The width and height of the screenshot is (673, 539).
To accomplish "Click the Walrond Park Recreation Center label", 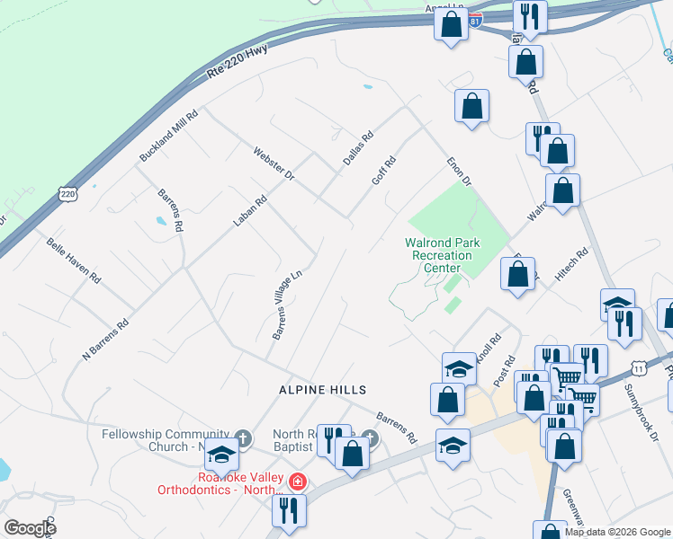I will (x=442, y=255).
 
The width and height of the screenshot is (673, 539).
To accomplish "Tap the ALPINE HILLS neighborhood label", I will (x=321, y=389).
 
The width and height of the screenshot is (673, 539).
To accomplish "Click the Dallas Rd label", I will (x=357, y=149).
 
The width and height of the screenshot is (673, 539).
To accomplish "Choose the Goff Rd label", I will (x=384, y=171).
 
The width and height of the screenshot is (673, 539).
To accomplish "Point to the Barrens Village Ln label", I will (x=286, y=306).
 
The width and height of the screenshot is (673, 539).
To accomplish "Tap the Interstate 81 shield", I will (x=476, y=17).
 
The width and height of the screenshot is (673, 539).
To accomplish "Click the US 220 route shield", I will (x=67, y=192).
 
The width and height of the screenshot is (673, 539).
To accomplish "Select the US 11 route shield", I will (x=639, y=367).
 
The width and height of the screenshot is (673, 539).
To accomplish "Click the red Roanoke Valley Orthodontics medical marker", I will (x=297, y=482).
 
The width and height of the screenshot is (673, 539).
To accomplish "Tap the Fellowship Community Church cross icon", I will (x=241, y=438).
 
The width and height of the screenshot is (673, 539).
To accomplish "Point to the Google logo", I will (x=30, y=527).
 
